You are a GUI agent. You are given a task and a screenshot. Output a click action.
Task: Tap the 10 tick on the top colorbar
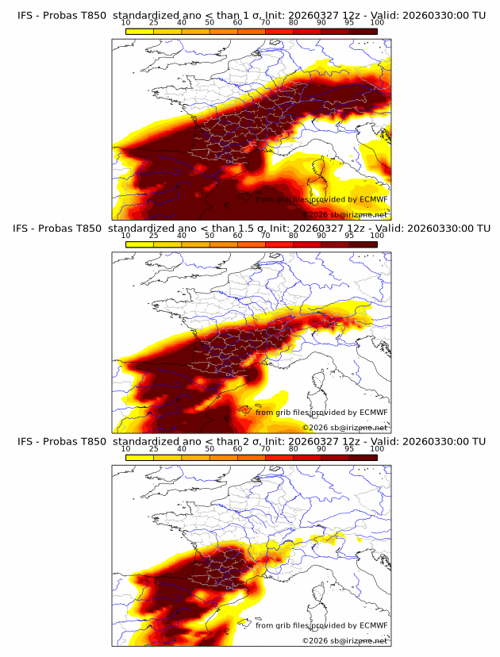(x=125, y=23)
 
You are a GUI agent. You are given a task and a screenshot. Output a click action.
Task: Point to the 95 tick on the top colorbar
(x=350, y=23)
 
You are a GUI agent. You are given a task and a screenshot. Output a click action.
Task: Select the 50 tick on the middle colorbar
(x=210, y=236)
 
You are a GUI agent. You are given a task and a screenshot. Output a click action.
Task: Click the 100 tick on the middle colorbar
(x=377, y=236)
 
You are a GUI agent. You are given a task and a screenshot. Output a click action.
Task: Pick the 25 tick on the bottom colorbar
(x=153, y=448)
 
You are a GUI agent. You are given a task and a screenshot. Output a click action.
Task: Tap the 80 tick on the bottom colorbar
(x=294, y=448)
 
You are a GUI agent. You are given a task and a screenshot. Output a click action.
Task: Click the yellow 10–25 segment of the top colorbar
(x=140, y=32)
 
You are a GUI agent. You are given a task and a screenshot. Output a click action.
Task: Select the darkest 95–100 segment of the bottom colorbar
(x=363, y=457)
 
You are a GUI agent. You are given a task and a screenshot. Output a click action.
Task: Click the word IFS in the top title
(x=25, y=16)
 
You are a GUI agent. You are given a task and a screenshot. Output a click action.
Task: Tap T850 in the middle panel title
(x=91, y=229)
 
